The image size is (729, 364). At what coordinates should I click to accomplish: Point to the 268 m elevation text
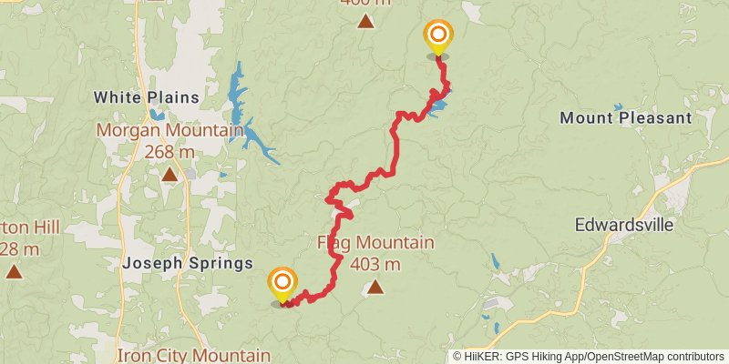(169, 152)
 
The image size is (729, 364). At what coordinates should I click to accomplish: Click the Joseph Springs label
(187, 264)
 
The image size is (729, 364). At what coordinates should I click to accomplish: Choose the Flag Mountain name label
(375, 243)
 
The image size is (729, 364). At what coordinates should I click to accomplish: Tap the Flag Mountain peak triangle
(375, 288)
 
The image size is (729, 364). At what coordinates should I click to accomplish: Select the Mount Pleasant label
(626, 118)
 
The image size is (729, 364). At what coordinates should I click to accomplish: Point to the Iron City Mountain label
(193, 355)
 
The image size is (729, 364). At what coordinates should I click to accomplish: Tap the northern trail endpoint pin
(438, 36)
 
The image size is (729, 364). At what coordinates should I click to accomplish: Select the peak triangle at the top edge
(364, 22)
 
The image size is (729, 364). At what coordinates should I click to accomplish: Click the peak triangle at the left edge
(14, 271)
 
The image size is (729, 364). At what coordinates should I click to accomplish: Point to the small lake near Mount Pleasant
(619, 107)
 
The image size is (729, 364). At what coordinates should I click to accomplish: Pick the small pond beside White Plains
(157, 115)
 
